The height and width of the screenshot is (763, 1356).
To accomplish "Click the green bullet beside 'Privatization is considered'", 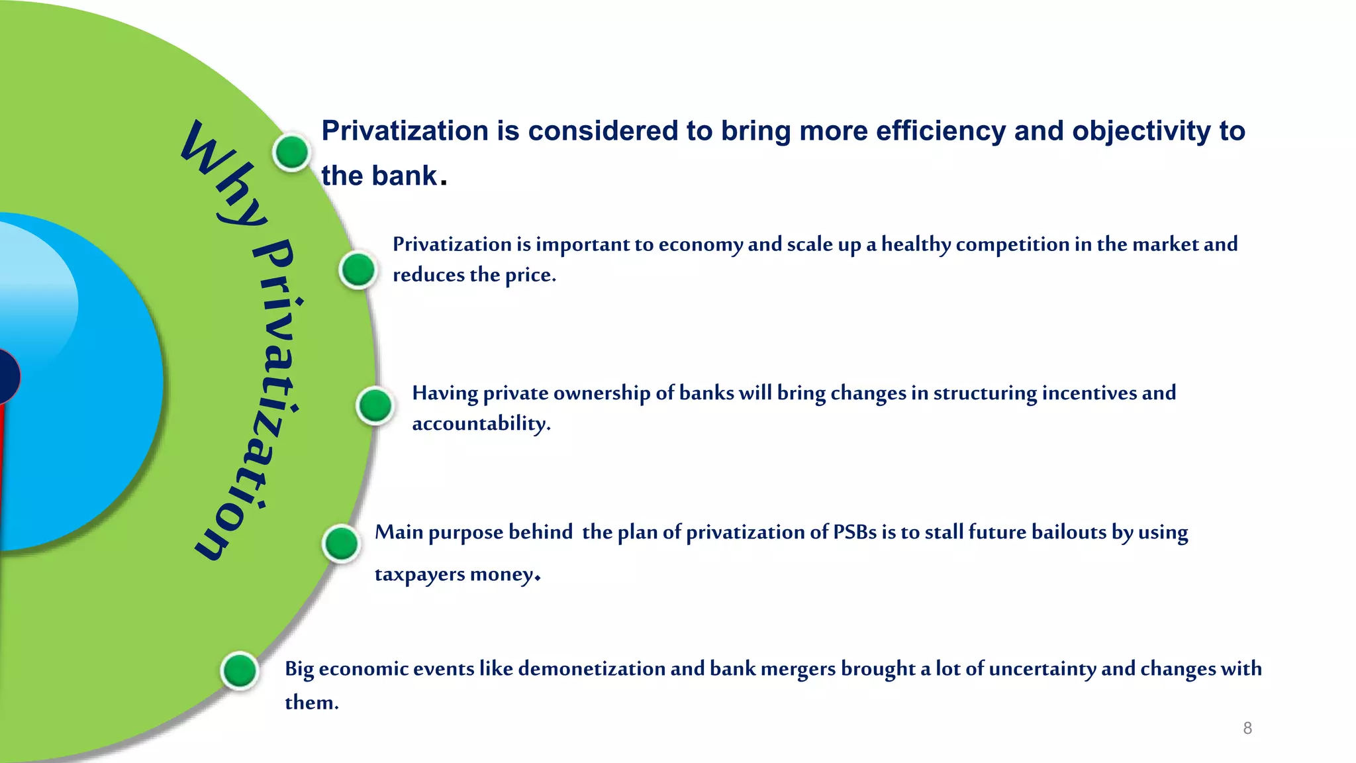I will coord(291,152).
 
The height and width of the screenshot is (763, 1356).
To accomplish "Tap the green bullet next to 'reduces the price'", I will coord(358,270).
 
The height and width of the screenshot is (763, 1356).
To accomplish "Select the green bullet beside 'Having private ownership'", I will coord(375,405).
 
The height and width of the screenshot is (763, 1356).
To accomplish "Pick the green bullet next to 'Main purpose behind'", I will coord(342,544).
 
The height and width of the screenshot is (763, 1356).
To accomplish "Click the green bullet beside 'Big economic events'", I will coord(240,671).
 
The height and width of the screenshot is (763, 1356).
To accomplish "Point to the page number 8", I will coord(1247,729).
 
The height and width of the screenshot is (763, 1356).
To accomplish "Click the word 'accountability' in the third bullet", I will coord(481,424).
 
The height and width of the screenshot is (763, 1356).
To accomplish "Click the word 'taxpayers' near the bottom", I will coord(420,574).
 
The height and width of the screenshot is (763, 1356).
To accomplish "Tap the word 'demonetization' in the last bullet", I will coord(591,669).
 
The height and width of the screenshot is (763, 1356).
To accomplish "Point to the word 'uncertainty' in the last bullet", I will coord(1042,669).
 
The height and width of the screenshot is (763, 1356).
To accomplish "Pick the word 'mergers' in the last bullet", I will coord(798,669).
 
